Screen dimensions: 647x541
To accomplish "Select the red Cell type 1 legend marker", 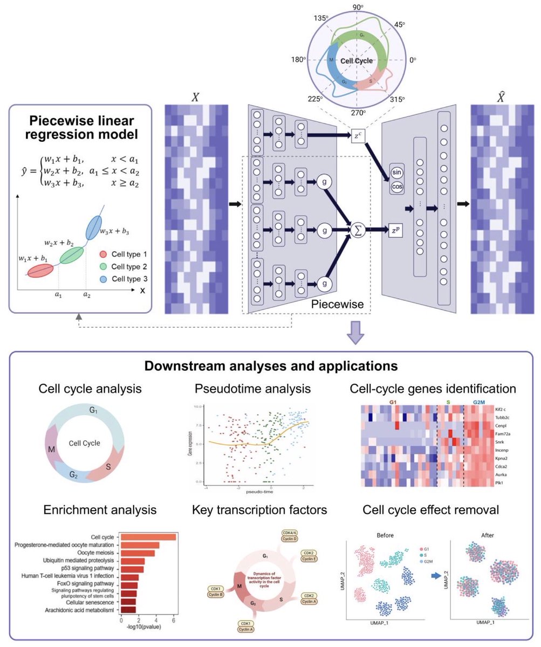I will click(x=102, y=254).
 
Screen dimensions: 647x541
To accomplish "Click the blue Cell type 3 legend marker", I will click(x=102, y=279).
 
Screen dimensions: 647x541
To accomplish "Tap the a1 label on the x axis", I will click(x=57, y=296).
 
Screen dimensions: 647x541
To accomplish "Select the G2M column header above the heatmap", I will click(x=479, y=402).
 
